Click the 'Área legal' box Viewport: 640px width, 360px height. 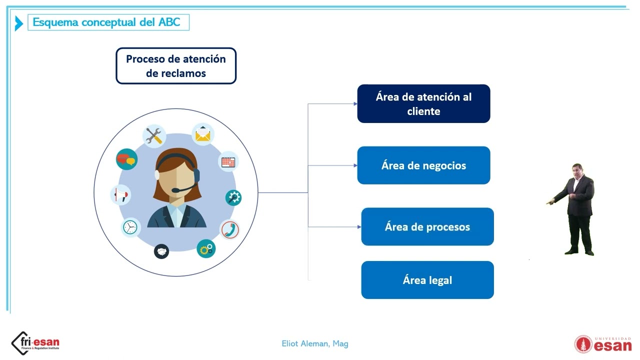[x=427, y=280]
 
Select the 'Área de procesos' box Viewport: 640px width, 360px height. [x=427, y=227]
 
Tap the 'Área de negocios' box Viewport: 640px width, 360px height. [x=423, y=165]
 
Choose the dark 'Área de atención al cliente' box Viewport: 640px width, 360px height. [x=423, y=104]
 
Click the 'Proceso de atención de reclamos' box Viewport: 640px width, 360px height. [x=176, y=66]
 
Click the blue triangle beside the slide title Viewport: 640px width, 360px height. [x=19, y=23]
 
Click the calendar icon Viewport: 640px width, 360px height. [x=229, y=162]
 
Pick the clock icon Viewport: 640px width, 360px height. [x=130, y=227]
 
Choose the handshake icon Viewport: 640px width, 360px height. [x=161, y=250]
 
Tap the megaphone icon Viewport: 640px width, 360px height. [x=120, y=194]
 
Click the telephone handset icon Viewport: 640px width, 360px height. [x=230, y=229]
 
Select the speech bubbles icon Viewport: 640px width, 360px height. [x=126, y=159]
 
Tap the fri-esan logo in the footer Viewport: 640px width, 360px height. [x=35, y=343]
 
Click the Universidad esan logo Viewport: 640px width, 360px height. [x=602, y=343]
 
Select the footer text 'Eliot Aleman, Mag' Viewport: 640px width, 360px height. [x=314, y=343]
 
